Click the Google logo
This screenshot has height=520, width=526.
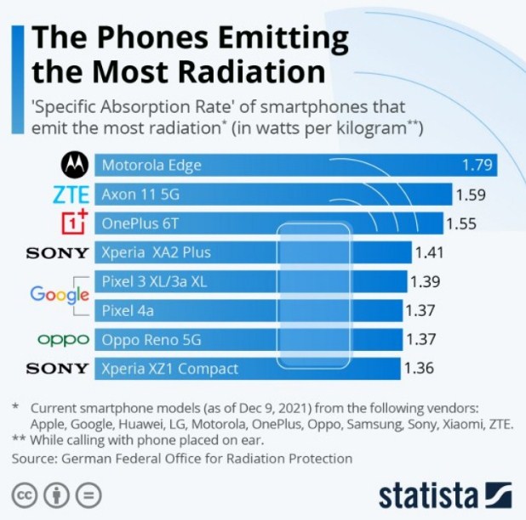tap(60, 295)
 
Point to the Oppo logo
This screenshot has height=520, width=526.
tap(64, 340)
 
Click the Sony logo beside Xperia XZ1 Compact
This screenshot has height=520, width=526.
tap(57, 369)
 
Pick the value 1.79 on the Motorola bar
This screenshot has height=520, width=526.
tap(477, 165)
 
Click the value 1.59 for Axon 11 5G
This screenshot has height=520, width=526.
tap(471, 195)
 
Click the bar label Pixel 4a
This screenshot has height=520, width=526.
tap(129, 310)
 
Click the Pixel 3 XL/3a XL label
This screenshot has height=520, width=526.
tap(154, 281)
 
